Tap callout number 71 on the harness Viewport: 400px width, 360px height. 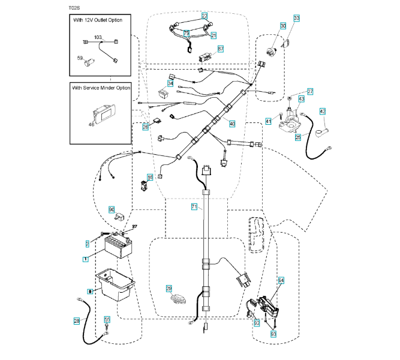[194, 206]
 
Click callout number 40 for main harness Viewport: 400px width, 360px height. [232, 124]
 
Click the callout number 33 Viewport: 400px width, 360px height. [297, 19]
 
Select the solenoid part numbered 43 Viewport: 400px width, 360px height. [293, 117]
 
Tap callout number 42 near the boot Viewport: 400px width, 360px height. [322, 111]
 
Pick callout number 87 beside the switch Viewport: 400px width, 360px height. [220, 49]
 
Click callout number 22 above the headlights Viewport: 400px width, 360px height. [204, 16]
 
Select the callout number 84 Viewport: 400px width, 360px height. [282, 280]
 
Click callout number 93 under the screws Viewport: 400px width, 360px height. [273, 332]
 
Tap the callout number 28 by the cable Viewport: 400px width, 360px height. [76, 321]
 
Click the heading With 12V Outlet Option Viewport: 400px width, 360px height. [101, 21]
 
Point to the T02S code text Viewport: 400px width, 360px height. [75, 8]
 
